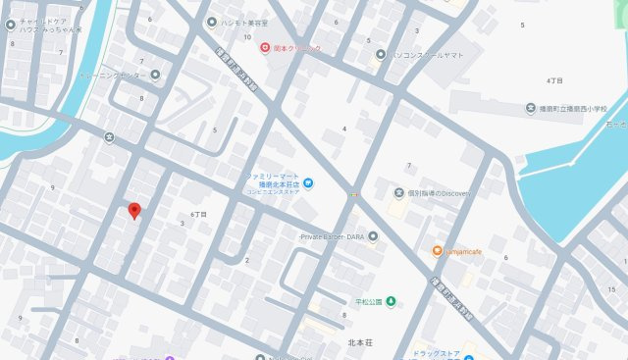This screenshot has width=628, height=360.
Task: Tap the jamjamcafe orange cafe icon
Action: click(437, 251)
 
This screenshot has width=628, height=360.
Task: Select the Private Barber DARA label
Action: click(332, 236)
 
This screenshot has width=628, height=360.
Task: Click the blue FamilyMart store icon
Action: click(307, 181)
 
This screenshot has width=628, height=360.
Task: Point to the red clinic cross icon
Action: click(264, 47)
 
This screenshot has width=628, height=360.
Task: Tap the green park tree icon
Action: click(391, 300)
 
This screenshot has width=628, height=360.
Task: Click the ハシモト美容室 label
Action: click(244, 22)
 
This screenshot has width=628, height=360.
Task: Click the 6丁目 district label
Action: click(199, 213)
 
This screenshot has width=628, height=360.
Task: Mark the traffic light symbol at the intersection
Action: click(352, 196)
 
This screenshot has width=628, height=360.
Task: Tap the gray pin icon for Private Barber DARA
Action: click(373, 236)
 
